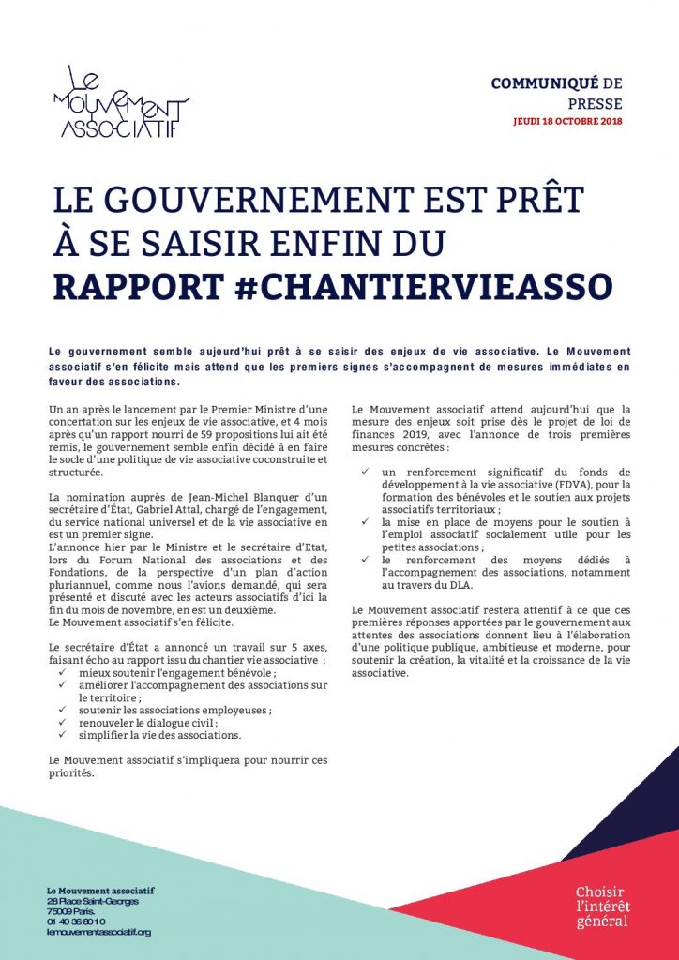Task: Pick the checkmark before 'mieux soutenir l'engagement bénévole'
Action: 63,673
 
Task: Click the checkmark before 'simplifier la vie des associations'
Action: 63,736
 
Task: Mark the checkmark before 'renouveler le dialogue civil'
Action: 63,723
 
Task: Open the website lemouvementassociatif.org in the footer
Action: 98,932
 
